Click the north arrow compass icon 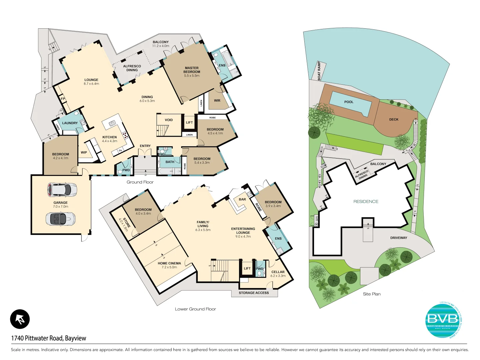tap(20, 319)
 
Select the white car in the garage tap(62, 190)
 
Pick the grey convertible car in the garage tap(60, 219)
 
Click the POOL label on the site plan tap(349, 102)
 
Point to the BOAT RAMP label tap(319, 71)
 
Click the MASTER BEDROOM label tap(192, 70)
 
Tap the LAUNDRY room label tap(70, 123)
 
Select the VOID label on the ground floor tap(169, 120)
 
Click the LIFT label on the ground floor tap(189, 122)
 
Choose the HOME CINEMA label tap(169, 263)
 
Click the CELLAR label tap(278, 272)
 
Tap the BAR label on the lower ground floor tap(242, 199)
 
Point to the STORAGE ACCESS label tap(254, 293)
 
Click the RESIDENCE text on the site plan tap(366, 202)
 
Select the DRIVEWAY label tap(399, 238)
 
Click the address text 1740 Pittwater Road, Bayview tap(49, 338)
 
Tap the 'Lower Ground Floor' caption tap(195, 309)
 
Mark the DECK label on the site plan tap(394, 119)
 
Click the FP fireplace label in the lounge tap(63, 99)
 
